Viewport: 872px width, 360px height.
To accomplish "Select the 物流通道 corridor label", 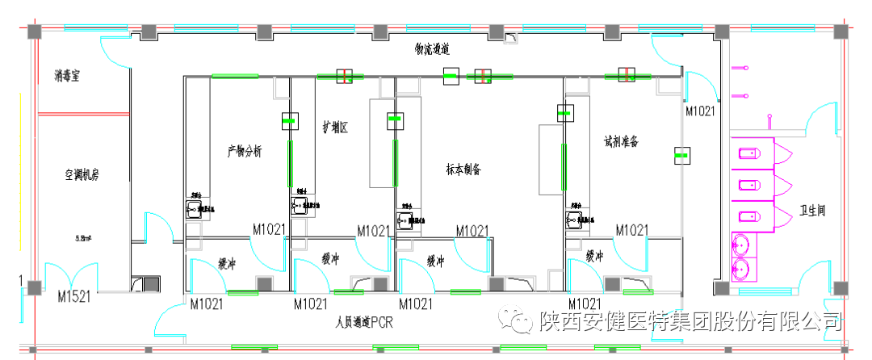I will tap(432, 50).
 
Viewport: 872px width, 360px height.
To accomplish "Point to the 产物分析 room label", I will tap(245, 151).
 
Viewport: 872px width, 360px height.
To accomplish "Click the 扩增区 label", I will tap(334, 127).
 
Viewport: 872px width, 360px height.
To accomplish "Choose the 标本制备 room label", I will tap(463, 170).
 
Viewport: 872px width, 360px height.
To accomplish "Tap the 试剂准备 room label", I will tap(621, 140).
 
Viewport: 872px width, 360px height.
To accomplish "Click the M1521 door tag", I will tap(74, 297).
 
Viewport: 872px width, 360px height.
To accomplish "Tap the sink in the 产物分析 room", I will tap(194, 210).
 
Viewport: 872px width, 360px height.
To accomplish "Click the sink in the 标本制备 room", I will tap(404, 219).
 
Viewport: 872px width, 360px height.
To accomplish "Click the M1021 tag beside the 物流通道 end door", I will tap(699, 111).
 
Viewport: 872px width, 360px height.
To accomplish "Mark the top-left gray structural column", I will tap(35, 32).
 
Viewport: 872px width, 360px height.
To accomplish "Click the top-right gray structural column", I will tap(841, 32).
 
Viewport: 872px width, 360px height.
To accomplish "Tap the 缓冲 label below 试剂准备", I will tap(595, 257).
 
